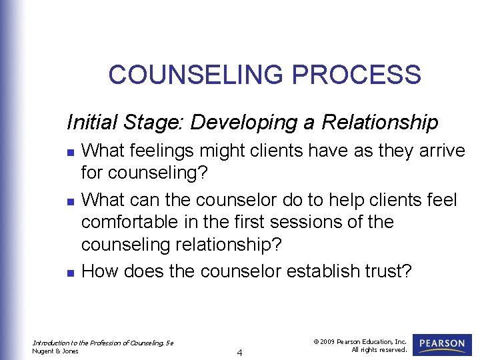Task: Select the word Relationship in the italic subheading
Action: pyautogui.click(x=380, y=123)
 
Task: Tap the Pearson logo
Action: pyautogui.click(x=443, y=345)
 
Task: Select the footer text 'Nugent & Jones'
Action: pyautogui.click(x=56, y=351)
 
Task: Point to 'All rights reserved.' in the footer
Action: pyautogui.click(x=379, y=350)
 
